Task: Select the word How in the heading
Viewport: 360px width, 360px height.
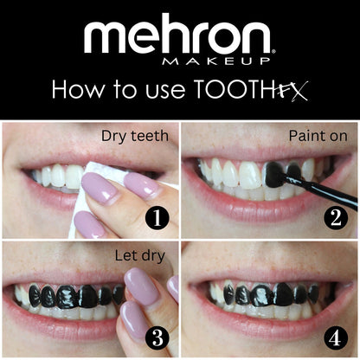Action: (x=73, y=90)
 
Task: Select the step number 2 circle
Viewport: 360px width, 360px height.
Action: (x=337, y=218)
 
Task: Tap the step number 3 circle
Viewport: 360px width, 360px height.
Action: (x=156, y=336)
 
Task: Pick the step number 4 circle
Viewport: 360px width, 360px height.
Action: (x=337, y=336)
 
